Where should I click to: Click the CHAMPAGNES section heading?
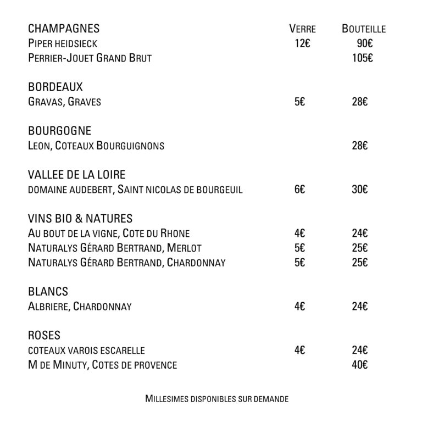[63, 29]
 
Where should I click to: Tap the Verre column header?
[302, 29]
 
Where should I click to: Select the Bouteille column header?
[363, 29]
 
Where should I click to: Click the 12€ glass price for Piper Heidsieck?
[302, 43]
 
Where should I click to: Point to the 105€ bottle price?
[363, 58]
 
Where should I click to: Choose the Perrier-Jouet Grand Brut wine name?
[90, 58]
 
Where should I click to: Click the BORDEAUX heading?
[55, 87]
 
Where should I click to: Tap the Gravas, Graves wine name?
[64, 102]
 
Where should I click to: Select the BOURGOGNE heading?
[59, 131]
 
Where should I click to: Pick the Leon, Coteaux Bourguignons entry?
[96, 146]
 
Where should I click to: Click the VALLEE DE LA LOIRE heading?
[76, 175]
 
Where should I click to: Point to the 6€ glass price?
[299, 190]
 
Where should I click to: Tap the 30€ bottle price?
[360, 190]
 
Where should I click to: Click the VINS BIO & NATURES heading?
[80, 219]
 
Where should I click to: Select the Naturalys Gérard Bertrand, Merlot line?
[114, 248]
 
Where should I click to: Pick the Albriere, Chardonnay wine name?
[80, 307]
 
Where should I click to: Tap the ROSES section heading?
[44, 335]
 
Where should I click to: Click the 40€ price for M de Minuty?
[360, 364]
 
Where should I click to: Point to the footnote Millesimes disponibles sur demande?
[216, 398]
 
